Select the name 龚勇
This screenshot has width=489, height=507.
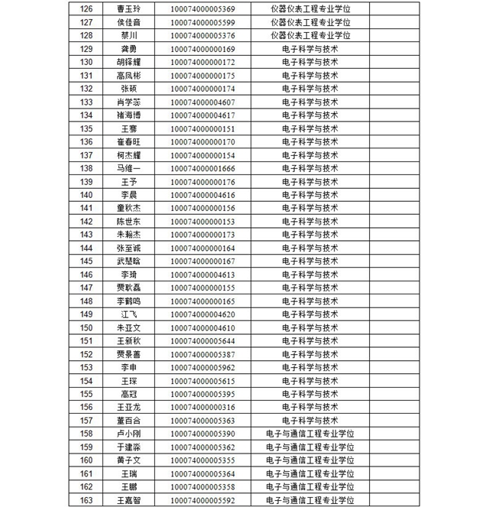(128, 49)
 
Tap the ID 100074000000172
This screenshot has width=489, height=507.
(202, 62)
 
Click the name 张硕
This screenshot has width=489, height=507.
(128, 89)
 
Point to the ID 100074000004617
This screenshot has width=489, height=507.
(202, 115)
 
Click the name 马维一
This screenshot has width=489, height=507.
(128, 168)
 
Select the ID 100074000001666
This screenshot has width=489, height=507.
(202, 168)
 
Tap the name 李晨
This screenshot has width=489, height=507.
(128, 195)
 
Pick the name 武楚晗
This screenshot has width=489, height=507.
(128, 262)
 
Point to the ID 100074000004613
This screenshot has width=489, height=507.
(202, 275)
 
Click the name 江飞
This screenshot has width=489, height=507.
(128, 314)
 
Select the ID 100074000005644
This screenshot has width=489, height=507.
(202, 341)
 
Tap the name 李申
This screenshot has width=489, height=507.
(128, 368)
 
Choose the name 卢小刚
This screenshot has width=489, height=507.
(128, 434)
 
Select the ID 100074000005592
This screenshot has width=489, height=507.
(202, 501)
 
